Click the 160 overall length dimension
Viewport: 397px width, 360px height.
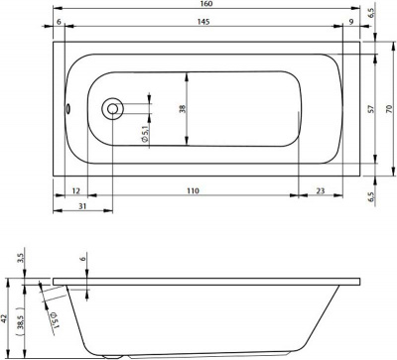[205, 4]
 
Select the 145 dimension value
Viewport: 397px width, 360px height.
[203, 22]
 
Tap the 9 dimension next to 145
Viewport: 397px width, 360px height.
[351, 22]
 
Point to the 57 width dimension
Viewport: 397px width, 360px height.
[371, 108]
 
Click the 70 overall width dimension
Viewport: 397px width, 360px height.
[389, 108]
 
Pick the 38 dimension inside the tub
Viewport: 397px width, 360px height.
[183, 109]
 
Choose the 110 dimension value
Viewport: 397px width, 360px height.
[193, 190]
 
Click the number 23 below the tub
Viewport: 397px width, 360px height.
[321, 190]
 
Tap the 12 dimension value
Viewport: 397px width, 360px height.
[75, 190]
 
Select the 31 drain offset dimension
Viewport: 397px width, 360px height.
[82, 206]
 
